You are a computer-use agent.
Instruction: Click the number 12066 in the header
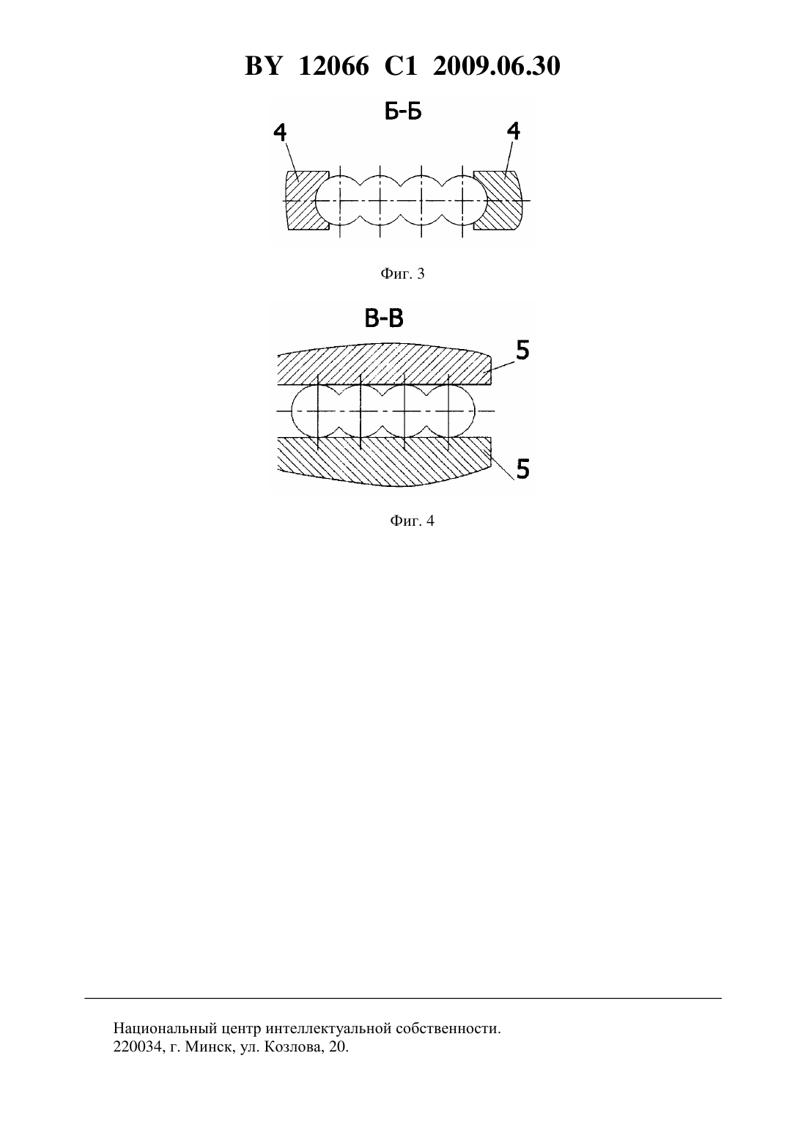(333, 66)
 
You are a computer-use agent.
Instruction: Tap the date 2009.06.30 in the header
(497, 66)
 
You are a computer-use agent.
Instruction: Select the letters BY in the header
(263, 66)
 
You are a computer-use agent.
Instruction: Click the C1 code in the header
(401, 66)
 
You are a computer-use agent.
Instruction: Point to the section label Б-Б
(403, 112)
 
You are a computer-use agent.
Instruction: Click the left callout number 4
(280, 132)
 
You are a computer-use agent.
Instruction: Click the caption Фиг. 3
(402, 274)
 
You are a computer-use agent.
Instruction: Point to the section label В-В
(384, 319)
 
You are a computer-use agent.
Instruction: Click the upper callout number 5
(522, 351)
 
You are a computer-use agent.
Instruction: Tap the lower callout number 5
(522, 469)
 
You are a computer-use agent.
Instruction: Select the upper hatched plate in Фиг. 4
(384, 364)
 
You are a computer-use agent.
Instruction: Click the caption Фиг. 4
(412, 521)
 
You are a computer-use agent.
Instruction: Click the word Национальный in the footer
(166, 1028)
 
